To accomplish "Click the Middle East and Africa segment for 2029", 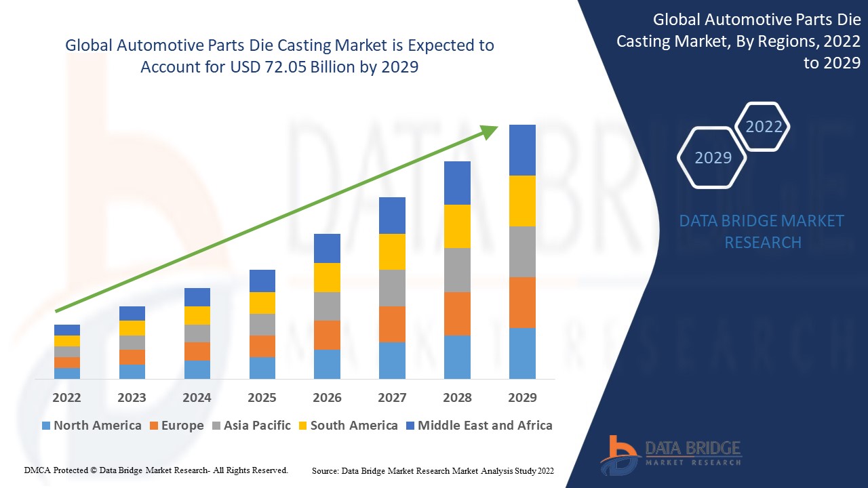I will [x=522, y=150].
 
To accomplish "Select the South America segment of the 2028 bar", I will [x=457, y=226].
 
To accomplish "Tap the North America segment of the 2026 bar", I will [x=327, y=364].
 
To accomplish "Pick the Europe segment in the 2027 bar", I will [x=392, y=324].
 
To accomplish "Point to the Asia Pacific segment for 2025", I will [x=262, y=325].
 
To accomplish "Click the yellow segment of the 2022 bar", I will [x=67, y=341].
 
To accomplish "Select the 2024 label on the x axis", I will [x=197, y=398].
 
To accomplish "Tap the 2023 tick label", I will [x=132, y=398].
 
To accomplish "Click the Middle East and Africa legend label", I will [x=485, y=426].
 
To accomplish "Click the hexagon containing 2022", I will [x=764, y=127].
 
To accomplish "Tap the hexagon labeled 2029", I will [x=713, y=157].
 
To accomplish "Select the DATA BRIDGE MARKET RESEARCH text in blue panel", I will [x=762, y=231].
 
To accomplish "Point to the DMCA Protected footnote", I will [x=156, y=470].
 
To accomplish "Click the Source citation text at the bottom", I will [x=433, y=470].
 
